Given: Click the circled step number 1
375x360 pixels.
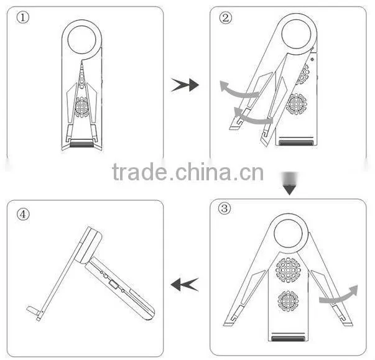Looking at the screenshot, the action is (23, 17).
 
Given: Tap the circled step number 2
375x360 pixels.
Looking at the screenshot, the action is (226, 18).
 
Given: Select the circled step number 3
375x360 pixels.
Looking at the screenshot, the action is (225, 208).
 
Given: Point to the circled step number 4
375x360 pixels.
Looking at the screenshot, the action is (23, 214).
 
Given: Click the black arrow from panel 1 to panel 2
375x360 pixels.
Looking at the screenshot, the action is (185, 85).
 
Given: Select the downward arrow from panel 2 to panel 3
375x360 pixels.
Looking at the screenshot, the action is (290, 183).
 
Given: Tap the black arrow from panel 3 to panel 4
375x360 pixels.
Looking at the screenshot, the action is (185, 285).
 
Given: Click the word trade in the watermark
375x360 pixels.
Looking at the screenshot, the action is (139, 172).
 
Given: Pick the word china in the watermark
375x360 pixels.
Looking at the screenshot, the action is (203, 171).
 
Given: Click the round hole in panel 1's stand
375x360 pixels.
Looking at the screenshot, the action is (82, 40).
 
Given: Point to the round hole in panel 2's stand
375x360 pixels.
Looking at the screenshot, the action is (296, 34).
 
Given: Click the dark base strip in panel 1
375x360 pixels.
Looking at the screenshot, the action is (82, 144).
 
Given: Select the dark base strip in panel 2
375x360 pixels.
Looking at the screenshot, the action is (296, 143).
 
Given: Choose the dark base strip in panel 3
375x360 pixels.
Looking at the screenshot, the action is (288, 338).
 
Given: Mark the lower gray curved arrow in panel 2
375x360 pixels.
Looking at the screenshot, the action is (253, 118).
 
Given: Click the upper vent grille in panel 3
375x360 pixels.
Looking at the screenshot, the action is (288, 270).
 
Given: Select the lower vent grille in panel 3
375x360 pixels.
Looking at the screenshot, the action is (288, 301).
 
